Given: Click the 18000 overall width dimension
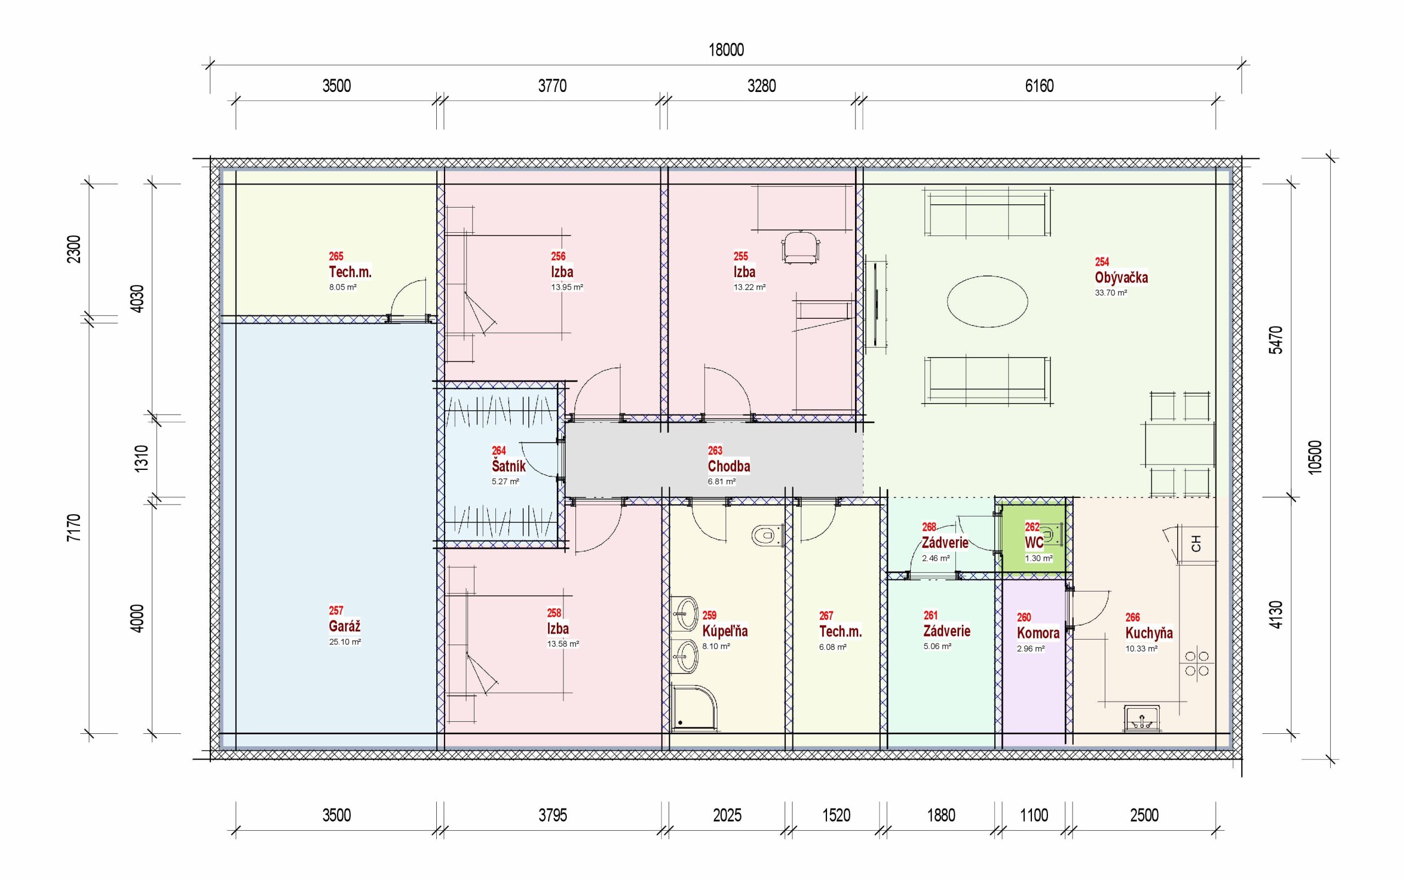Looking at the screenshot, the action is point(726,50).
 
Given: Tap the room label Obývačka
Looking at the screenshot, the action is point(1121,277).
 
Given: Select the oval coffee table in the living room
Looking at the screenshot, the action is point(987,301).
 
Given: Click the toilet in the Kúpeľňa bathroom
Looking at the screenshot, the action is point(767,535).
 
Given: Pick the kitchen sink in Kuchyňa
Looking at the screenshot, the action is point(1143,719).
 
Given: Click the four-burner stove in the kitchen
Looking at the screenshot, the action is point(1197,664).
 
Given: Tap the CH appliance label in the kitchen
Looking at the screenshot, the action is point(1196,544).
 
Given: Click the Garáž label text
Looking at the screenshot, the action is point(344,626).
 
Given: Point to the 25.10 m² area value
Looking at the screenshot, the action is point(345,642).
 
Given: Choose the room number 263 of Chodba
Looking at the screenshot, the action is point(715,451).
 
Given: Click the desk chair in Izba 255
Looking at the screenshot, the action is point(800,248).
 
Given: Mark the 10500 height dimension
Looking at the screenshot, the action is point(1314,457).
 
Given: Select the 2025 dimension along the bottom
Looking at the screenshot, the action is point(727,815).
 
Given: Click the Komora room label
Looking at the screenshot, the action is point(1037,633).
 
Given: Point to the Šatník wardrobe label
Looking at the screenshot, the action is point(509,466).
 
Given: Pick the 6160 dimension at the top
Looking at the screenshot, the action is point(1039,86).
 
